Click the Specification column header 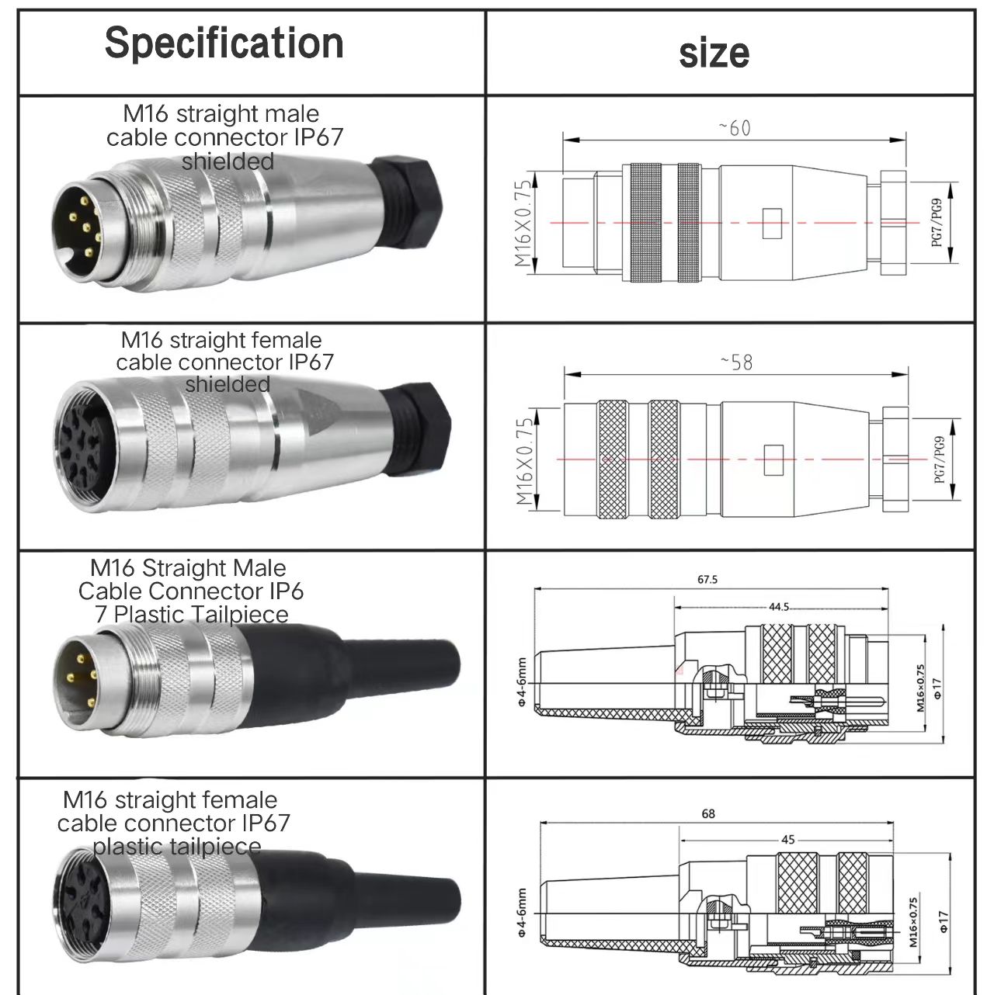click(x=224, y=43)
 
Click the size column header click(x=714, y=53)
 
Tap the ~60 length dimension click(x=735, y=128)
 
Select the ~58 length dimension click(x=735, y=362)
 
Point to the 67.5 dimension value click(x=707, y=580)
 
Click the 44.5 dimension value click(x=779, y=607)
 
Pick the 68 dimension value click(x=707, y=814)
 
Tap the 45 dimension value click(x=787, y=840)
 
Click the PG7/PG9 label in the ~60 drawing click(x=937, y=224)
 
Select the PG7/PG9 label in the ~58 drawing click(x=939, y=459)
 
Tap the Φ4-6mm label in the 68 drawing click(x=521, y=913)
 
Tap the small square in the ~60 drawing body click(x=770, y=224)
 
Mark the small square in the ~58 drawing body click(x=773, y=459)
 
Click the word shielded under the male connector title click(x=228, y=161)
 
